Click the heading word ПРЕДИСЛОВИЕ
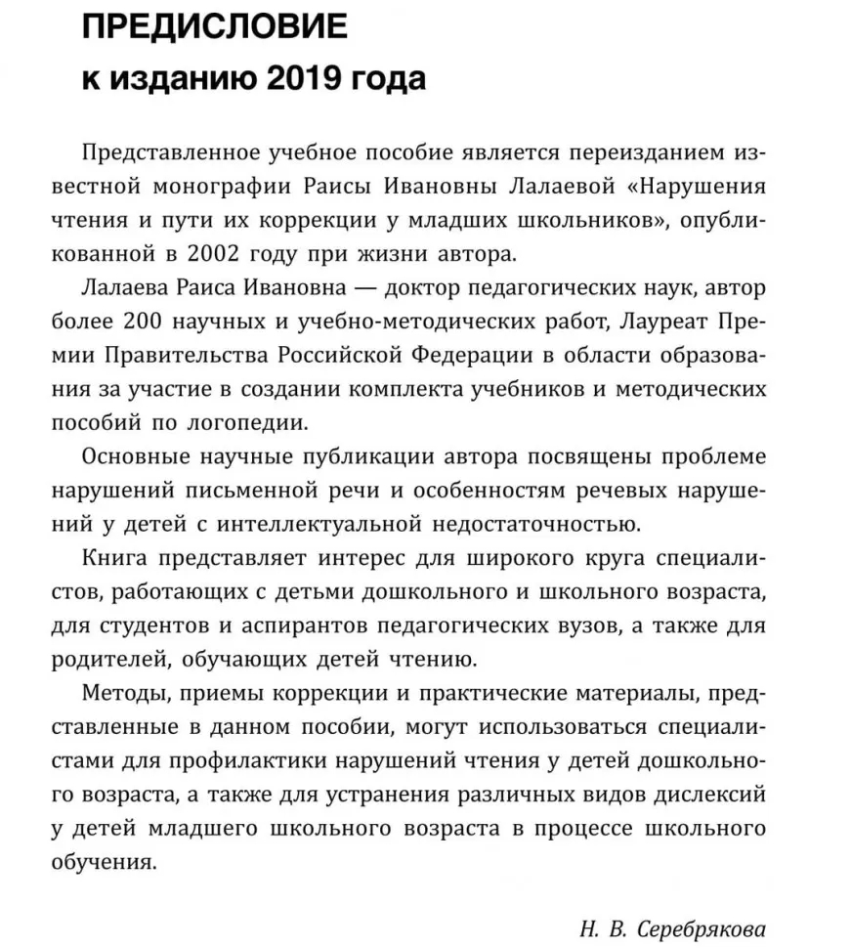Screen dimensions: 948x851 [214, 26]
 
